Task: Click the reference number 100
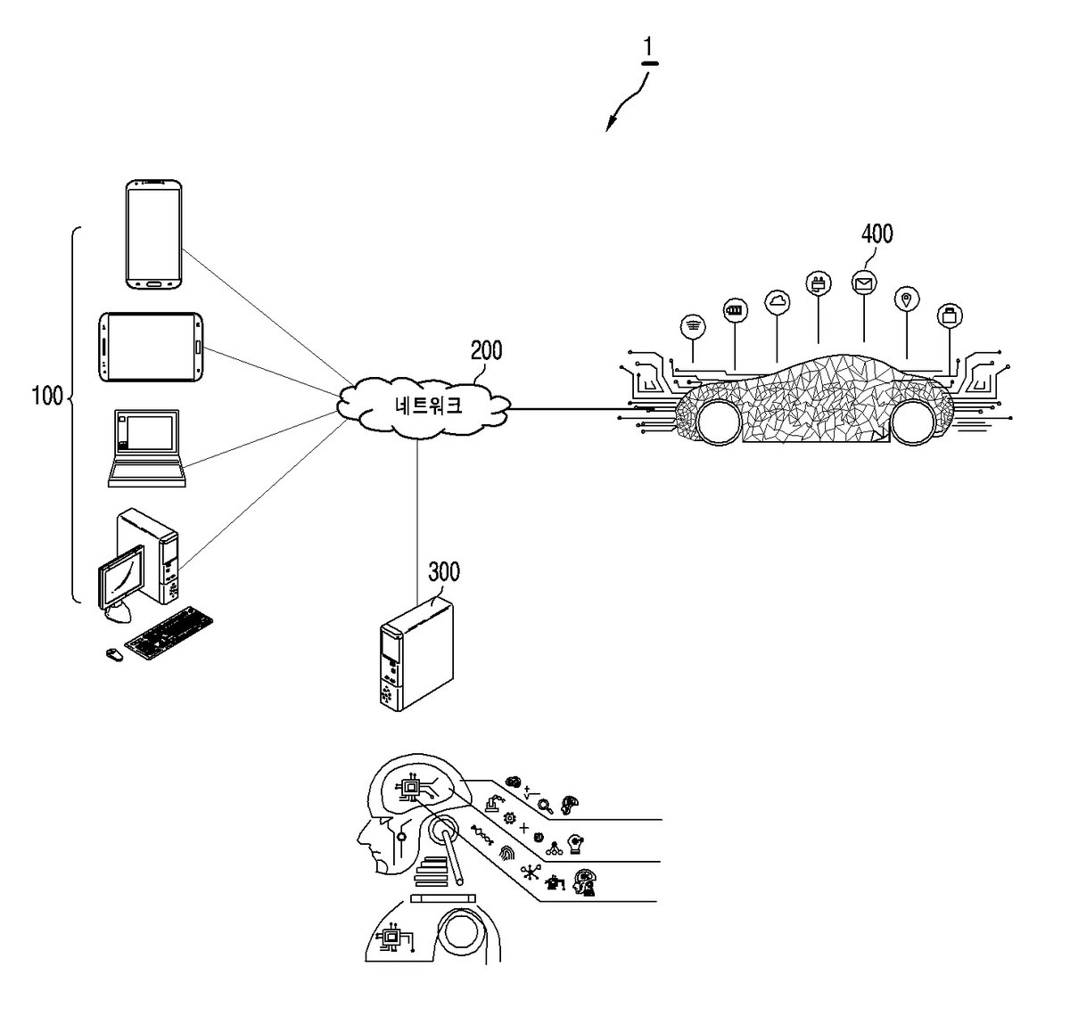[x=48, y=396]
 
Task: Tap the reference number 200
[x=486, y=350]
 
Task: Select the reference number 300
[x=444, y=572]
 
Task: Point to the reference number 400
[x=877, y=234]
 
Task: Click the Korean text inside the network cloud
[x=428, y=406]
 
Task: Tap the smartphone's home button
[x=154, y=283]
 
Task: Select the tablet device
[x=151, y=347]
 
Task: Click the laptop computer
[x=146, y=448]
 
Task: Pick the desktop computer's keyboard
[x=169, y=633]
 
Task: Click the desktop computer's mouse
[x=114, y=654]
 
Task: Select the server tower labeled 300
[x=416, y=654]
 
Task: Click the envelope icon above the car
[x=864, y=283]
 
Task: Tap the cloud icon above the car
[x=778, y=302]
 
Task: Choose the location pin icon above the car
[x=906, y=300]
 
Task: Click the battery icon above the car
[x=736, y=311]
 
